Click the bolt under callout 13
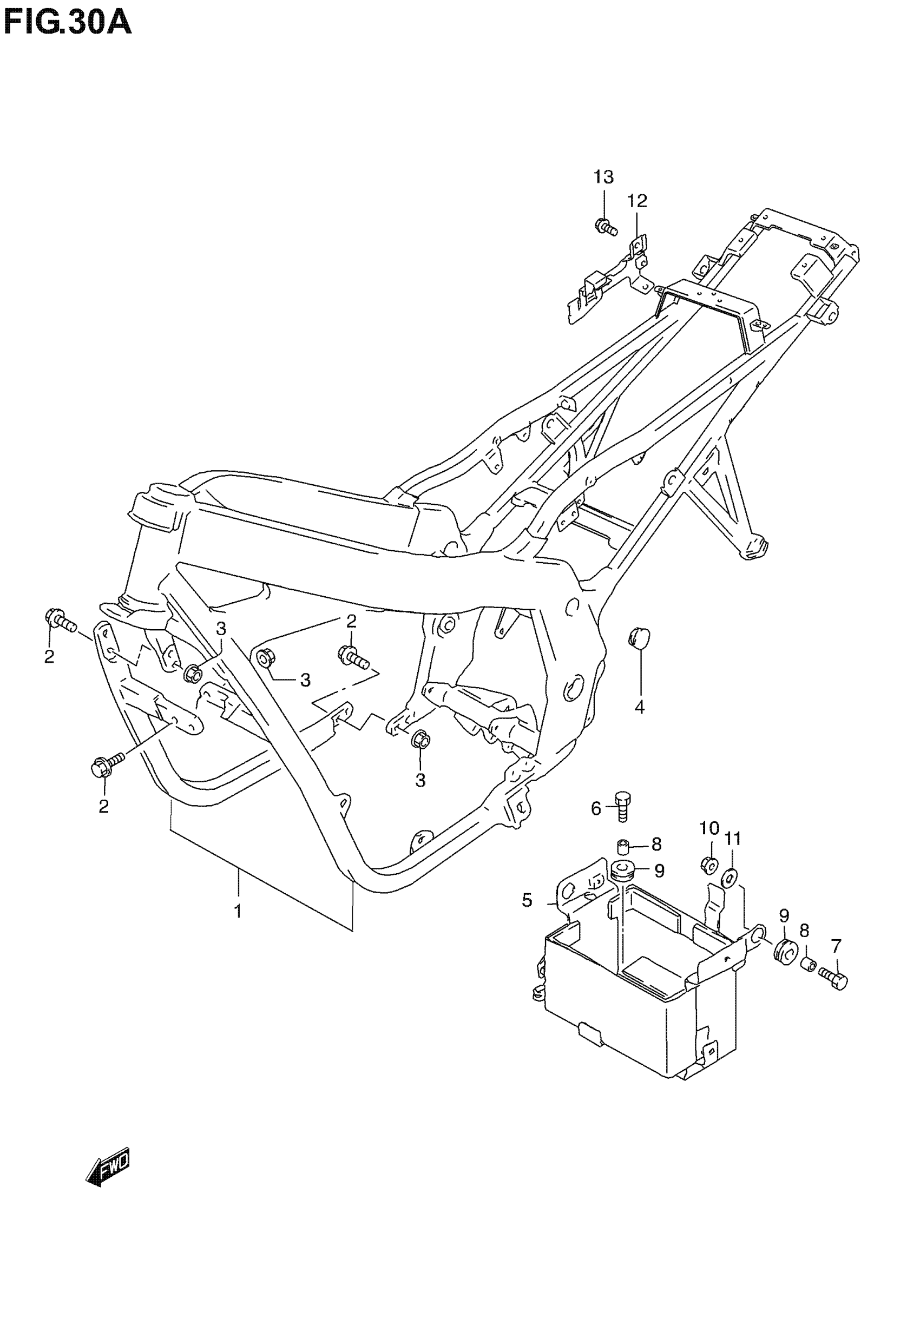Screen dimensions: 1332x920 pyautogui.click(x=604, y=226)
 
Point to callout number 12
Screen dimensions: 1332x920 pyautogui.click(x=637, y=201)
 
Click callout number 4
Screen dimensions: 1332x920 pyautogui.click(x=639, y=707)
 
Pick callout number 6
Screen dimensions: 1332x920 pyautogui.click(x=596, y=808)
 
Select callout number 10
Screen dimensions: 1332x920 pyautogui.click(x=709, y=828)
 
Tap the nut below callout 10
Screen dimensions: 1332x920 pyautogui.click(x=709, y=864)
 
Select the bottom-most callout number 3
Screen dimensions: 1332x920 pyautogui.click(x=420, y=781)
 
